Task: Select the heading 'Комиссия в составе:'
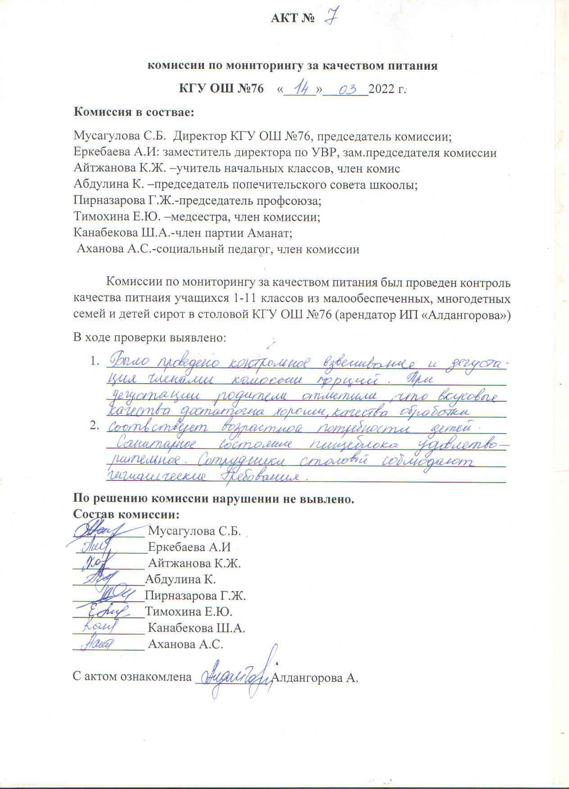[134, 112]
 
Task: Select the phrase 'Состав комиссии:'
[126, 514]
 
